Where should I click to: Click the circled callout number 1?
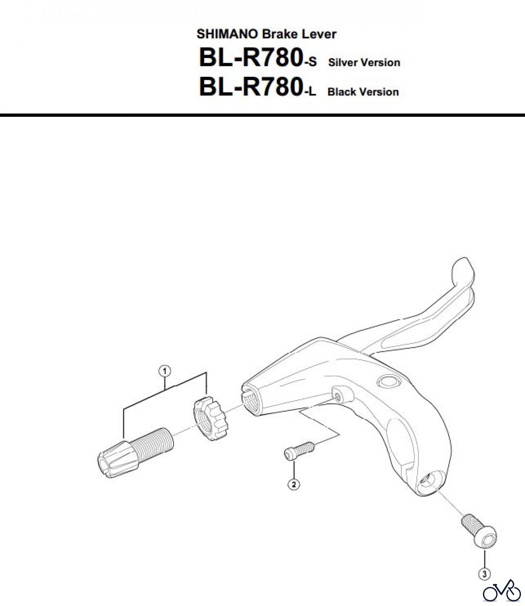click(165, 371)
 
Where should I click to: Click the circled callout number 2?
click(294, 484)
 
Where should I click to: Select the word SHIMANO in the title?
click(228, 34)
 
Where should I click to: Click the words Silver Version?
click(364, 63)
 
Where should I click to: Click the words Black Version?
click(363, 92)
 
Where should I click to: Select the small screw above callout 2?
click(299, 449)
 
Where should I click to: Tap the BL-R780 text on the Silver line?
click(250, 58)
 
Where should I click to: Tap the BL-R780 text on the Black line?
click(250, 87)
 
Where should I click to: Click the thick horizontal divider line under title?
click(262, 115)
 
